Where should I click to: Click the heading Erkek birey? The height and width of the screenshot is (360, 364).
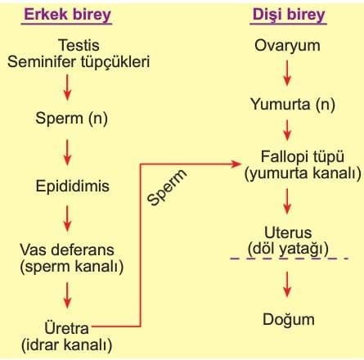pyautogui.click(x=67, y=16)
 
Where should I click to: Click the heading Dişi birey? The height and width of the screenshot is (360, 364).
pyautogui.click(x=289, y=16)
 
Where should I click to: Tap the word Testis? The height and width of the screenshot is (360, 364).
pyautogui.click(x=79, y=45)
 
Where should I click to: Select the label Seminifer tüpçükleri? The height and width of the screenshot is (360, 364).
pyautogui.click(x=79, y=62)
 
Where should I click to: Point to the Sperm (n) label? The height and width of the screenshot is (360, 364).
pyautogui.click(x=71, y=119)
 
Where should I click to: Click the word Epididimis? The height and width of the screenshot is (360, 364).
pyautogui.click(x=73, y=187)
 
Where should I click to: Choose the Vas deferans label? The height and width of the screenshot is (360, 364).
pyautogui.click(x=67, y=250)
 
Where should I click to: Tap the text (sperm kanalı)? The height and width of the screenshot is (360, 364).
pyautogui.click(x=72, y=267)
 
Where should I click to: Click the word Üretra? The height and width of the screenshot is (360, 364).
pyautogui.click(x=66, y=327)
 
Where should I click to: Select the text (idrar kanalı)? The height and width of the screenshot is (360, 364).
pyautogui.click(x=67, y=344)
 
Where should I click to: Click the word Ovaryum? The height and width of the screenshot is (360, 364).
pyautogui.click(x=287, y=46)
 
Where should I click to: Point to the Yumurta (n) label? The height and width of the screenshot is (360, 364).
pyautogui.click(x=293, y=105)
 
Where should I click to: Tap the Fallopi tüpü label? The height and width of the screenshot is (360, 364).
pyautogui.click(x=303, y=157)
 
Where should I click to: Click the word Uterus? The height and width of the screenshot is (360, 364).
pyautogui.click(x=288, y=232)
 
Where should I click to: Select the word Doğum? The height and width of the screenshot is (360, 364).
pyautogui.click(x=289, y=320)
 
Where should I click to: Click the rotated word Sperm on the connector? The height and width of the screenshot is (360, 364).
pyautogui.click(x=167, y=187)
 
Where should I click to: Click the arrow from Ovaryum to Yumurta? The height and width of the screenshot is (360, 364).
pyautogui.click(x=287, y=73)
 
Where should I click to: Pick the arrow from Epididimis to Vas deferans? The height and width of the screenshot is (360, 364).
pyautogui.click(x=67, y=218)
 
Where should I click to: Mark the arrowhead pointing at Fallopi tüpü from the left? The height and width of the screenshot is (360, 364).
pyautogui.click(x=236, y=164)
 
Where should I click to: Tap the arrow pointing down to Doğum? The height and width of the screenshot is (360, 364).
pyautogui.click(x=287, y=284)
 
